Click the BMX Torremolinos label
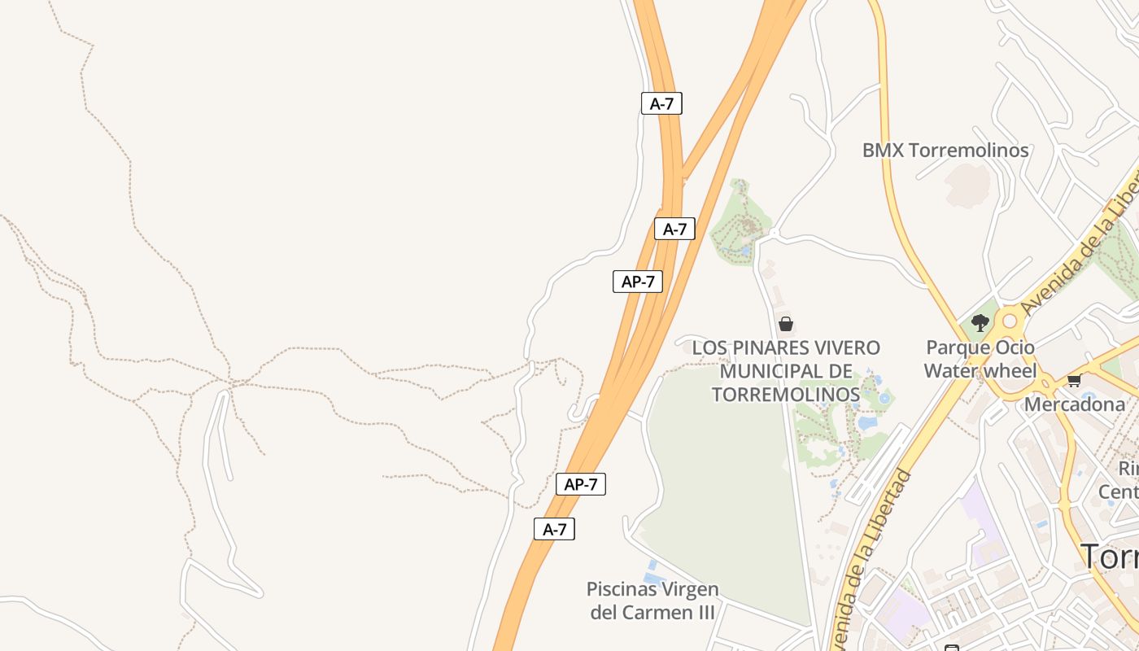click(945, 151)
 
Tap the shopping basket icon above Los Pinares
click(785, 324)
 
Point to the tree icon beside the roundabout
click(980, 322)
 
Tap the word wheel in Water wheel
click(1013, 372)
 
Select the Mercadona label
click(1074, 404)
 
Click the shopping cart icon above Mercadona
click(1074, 380)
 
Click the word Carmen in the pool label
click(677, 612)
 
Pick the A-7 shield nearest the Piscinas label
click(554, 529)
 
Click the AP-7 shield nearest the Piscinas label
click(581, 484)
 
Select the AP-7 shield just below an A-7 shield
click(638, 282)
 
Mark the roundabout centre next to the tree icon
click(1010, 321)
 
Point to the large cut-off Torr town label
click(1110, 557)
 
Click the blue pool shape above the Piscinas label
click(651, 565)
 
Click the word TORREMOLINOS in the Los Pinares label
click(785, 395)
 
